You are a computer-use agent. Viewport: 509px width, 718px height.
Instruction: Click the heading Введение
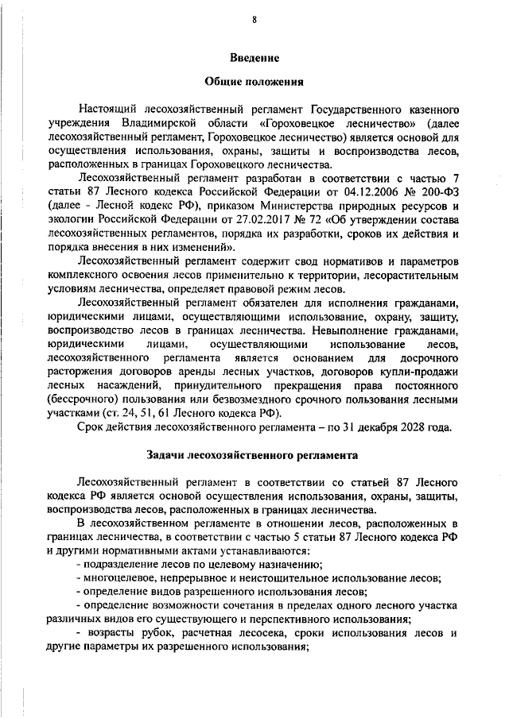254,58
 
